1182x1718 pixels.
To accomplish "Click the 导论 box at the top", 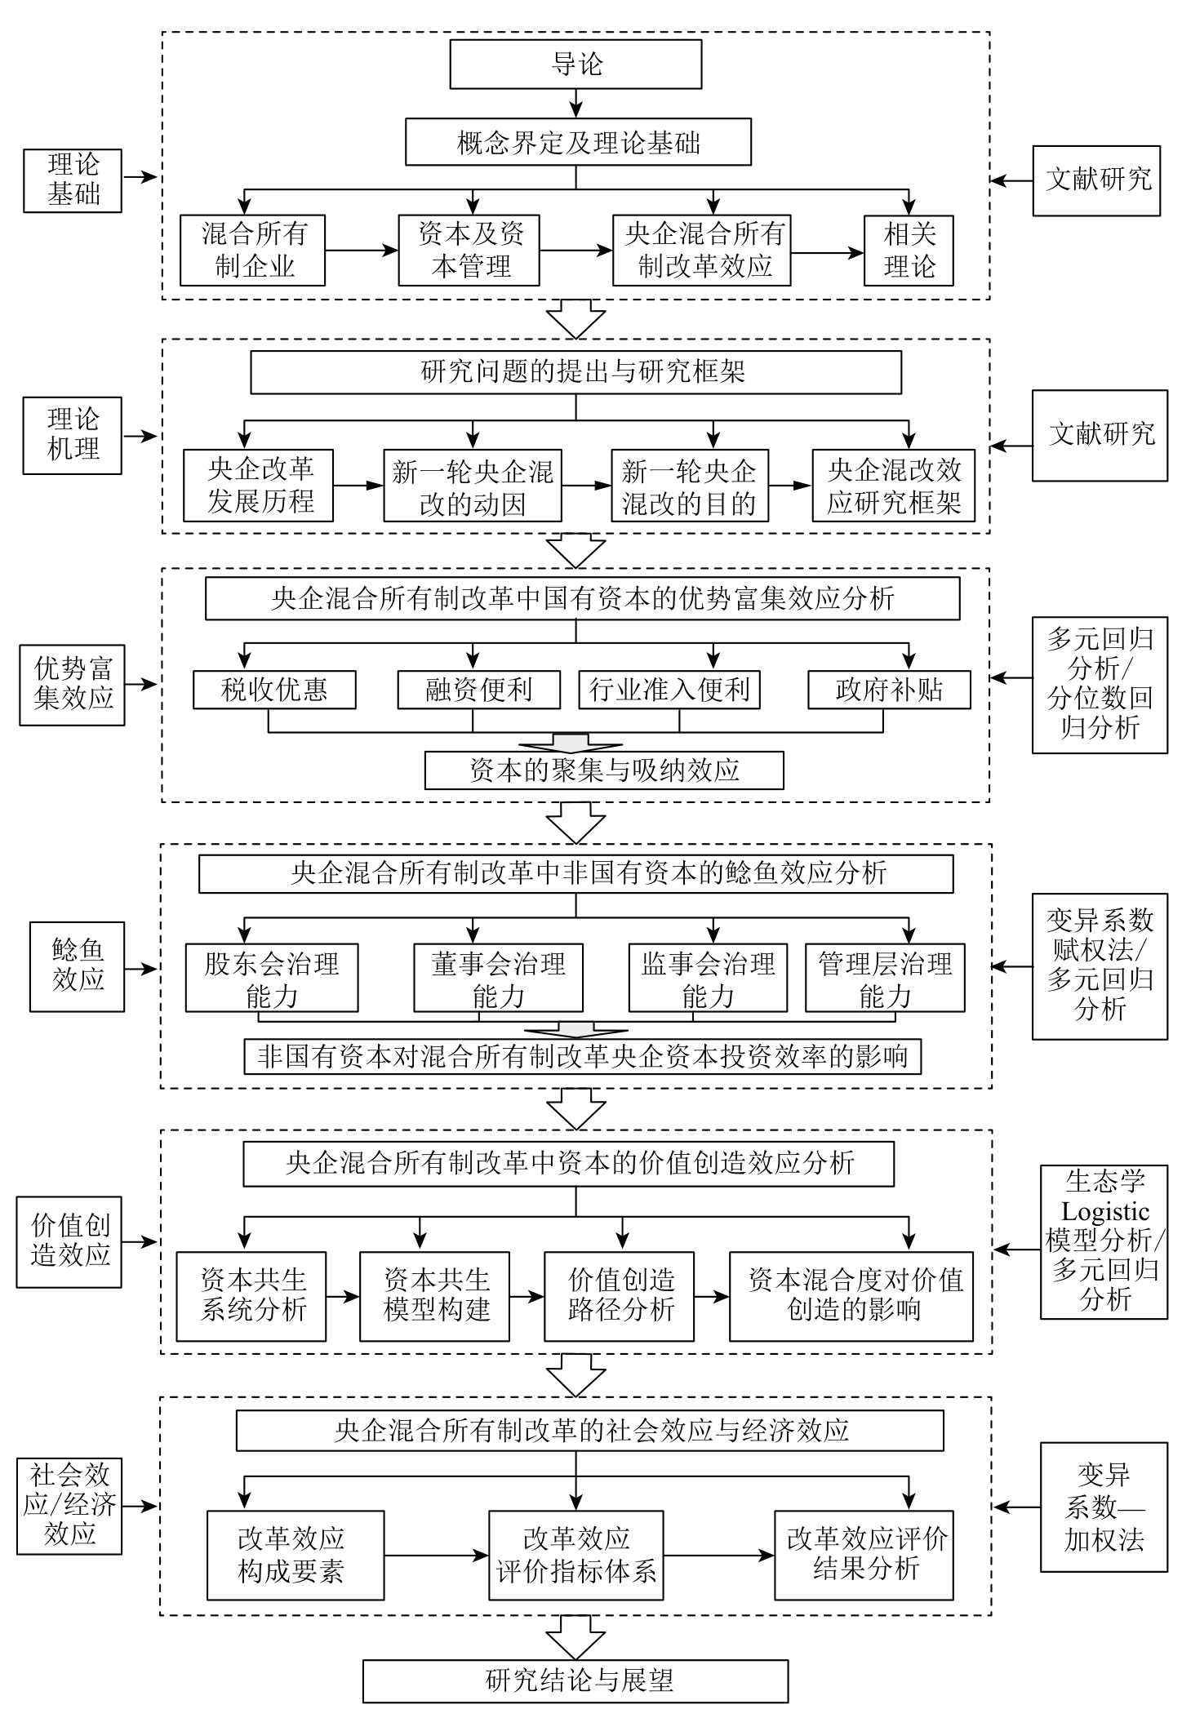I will (x=575, y=64).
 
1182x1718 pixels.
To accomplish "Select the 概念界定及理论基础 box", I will (x=578, y=144).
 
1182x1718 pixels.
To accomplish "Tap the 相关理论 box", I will (x=909, y=251).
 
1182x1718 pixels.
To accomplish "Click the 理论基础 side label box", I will (x=73, y=180).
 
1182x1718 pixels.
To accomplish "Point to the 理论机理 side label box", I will (x=73, y=435).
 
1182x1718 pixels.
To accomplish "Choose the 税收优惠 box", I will (x=274, y=690).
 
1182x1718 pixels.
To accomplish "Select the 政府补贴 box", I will (x=889, y=690).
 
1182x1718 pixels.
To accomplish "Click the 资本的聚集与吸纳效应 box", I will (x=604, y=770).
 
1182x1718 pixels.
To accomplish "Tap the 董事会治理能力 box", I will (x=498, y=979).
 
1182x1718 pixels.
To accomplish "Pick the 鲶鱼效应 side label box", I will (x=78, y=966).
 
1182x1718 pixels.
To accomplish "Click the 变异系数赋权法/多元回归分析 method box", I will (x=1100, y=966).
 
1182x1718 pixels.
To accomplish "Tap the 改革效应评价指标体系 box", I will (x=576, y=1556).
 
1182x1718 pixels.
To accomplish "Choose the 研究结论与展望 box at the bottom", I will (x=575, y=1681).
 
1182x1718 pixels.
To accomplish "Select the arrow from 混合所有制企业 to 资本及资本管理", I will (x=361, y=251).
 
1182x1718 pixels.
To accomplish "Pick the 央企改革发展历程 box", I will (x=258, y=485).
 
